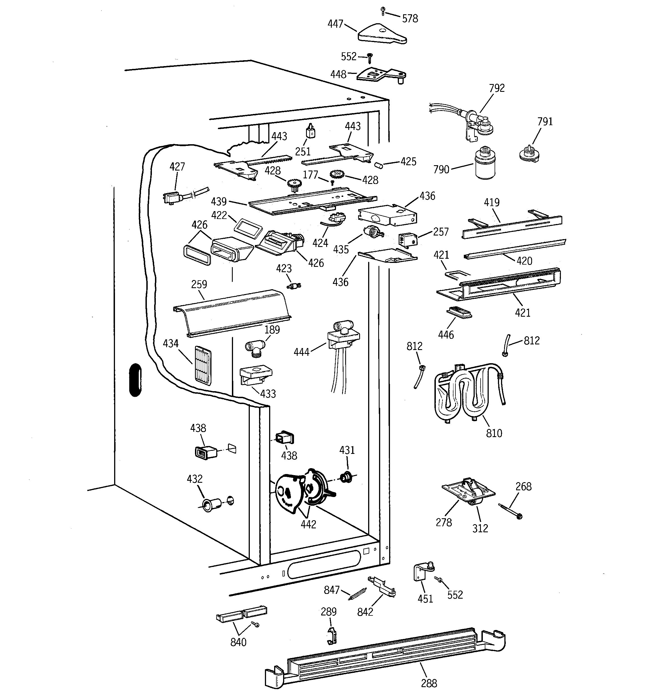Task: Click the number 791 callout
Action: point(545,122)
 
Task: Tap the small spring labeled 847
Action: point(358,594)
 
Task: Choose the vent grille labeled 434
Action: point(203,366)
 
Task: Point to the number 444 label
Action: point(301,352)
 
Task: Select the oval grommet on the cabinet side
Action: point(135,380)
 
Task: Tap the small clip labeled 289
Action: point(332,635)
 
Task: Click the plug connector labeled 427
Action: point(172,198)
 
